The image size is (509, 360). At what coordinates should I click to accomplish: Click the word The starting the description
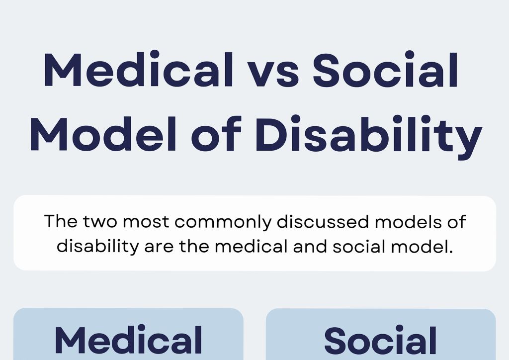(x=60, y=221)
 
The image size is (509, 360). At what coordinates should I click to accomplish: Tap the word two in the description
(x=99, y=222)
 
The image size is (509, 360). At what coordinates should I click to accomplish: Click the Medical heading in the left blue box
(x=128, y=341)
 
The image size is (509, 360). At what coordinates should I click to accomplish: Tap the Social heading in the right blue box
(x=381, y=341)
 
